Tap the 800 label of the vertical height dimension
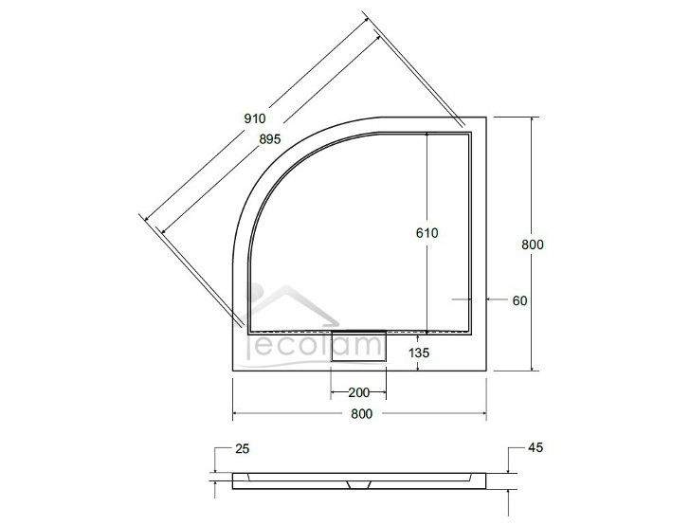click(533, 244)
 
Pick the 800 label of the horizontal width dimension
click(360, 413)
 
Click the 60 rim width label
click(518, 300)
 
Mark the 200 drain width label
click(358, 392)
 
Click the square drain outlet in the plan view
click(358, 348)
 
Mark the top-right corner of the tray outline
click(486, 118)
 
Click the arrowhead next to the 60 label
click(491, 299)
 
